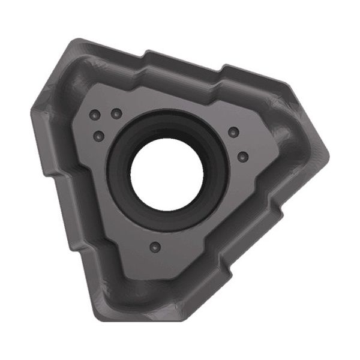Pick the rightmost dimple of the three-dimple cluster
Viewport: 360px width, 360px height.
tap(118, 113)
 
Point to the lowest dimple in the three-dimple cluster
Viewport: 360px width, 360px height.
tap(99, 136)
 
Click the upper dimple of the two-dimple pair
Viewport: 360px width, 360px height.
tap(233, 132)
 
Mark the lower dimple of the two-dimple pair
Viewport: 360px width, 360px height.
tap(242, 157)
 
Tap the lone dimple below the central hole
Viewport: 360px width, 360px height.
tap(155, 247)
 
